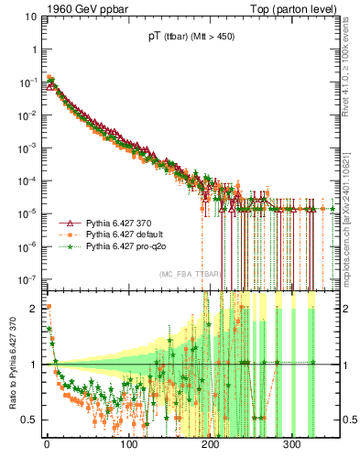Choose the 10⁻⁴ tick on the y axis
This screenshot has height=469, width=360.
pyautogui.click(x=28, y=180)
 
